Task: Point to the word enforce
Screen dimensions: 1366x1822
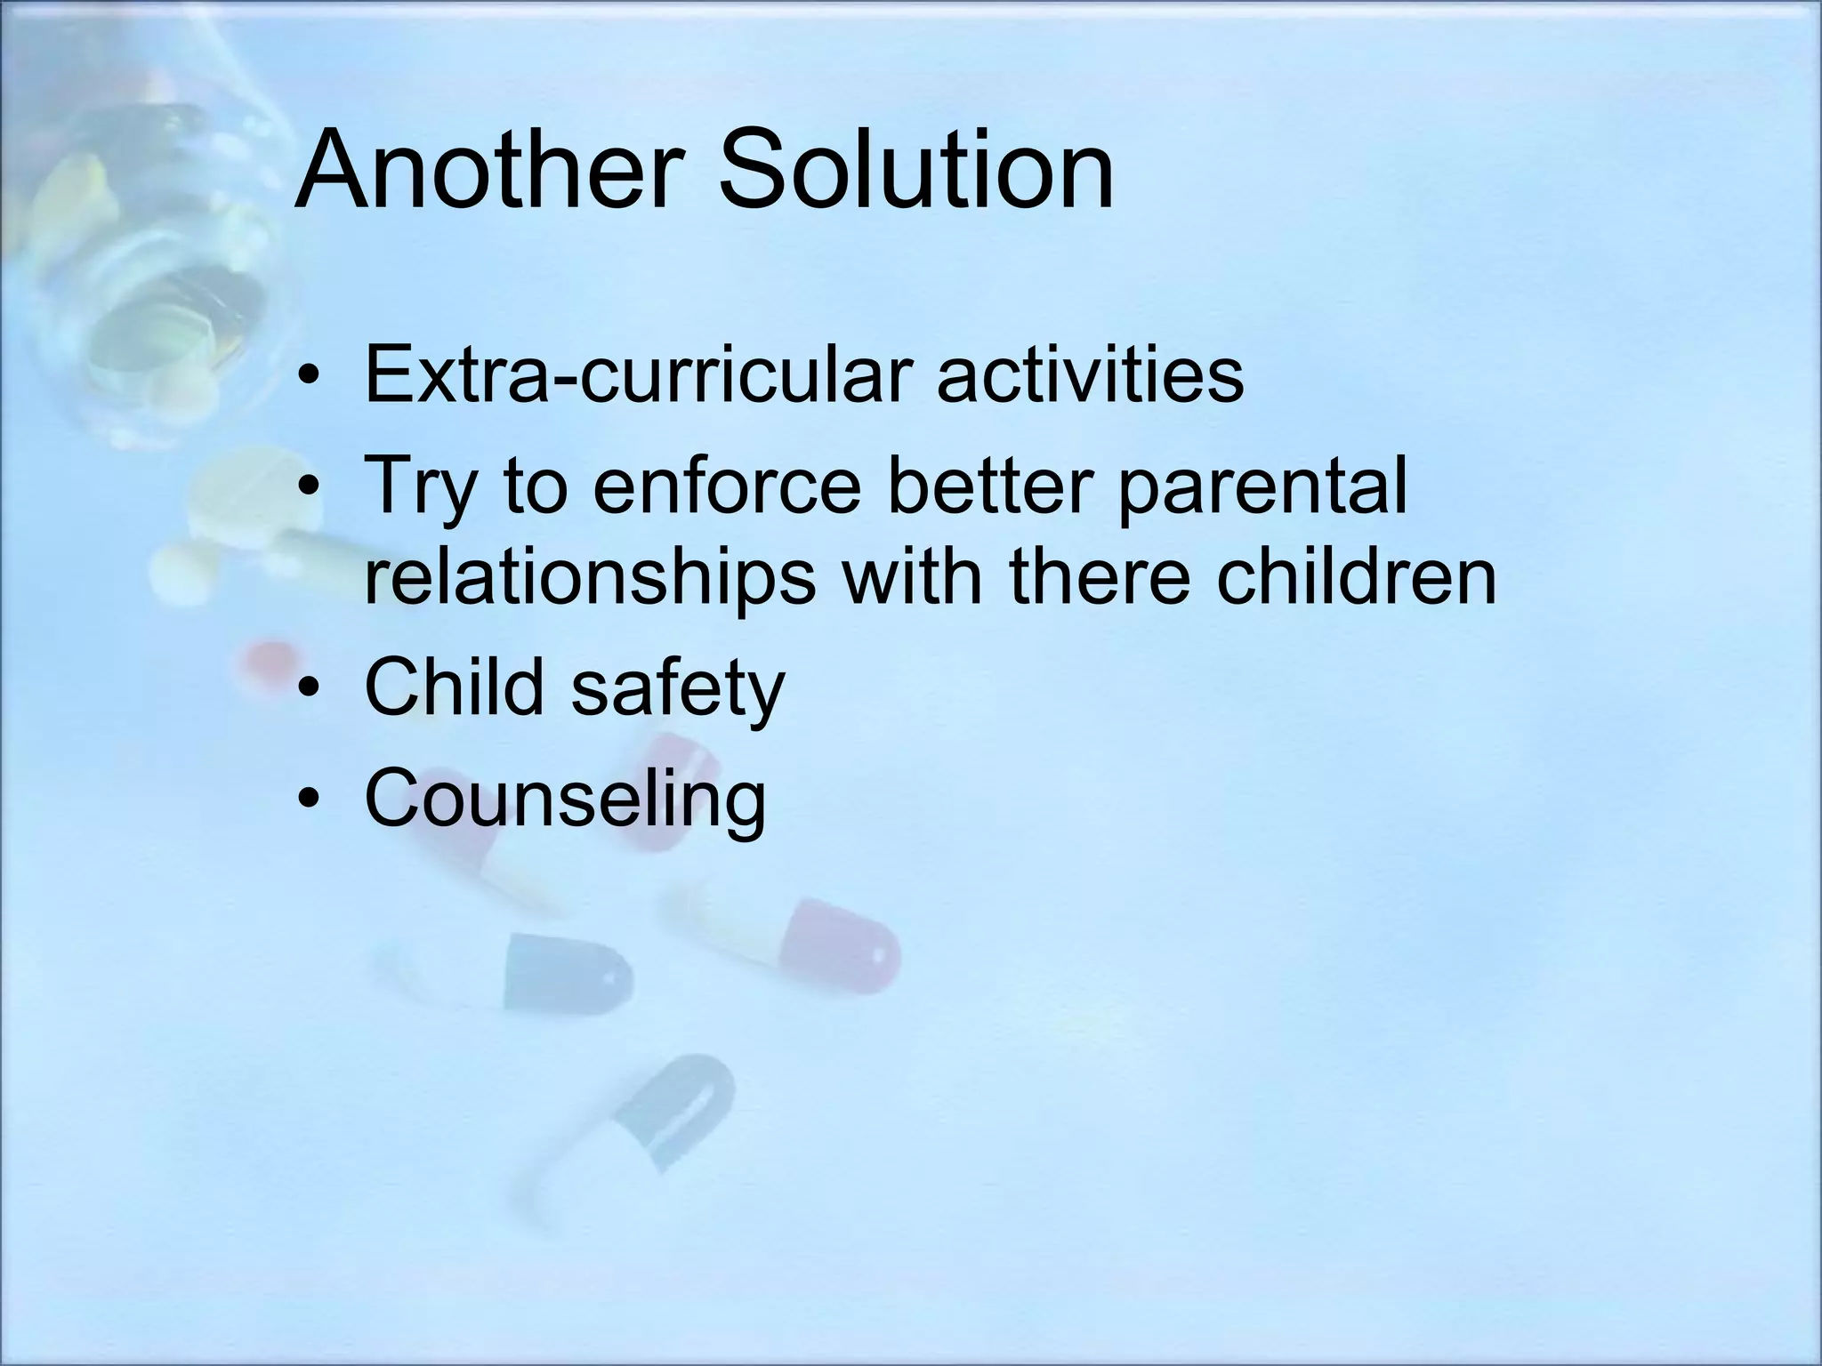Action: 727,486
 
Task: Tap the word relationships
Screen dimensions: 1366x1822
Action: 590,578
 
